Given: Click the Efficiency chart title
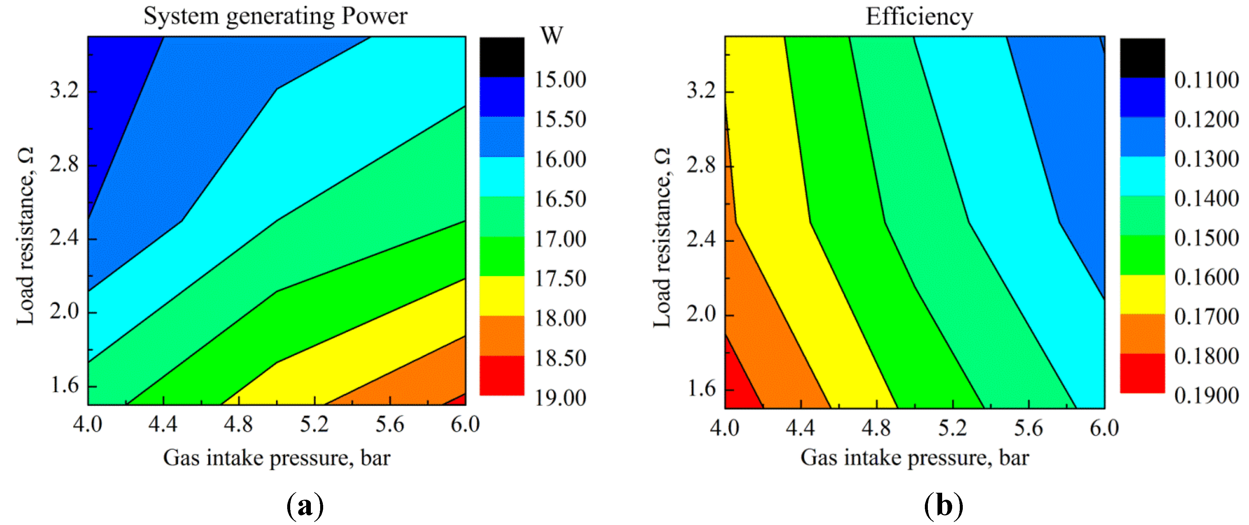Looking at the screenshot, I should (x=919, y=17).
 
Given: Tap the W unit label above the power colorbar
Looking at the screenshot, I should (x=551, y=35).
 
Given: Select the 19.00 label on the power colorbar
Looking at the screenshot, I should (x=560, y=398).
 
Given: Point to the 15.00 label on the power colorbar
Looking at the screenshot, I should (x=560, y=80).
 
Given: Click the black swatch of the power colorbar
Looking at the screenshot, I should (x=502, y=57).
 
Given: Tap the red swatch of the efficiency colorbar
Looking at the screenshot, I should (x=1142, y=373).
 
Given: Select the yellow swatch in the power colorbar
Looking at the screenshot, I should (x=502, y=296).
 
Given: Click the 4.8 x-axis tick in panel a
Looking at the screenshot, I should (x=239, y=425).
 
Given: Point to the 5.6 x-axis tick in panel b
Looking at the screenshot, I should (x=1028, y=428).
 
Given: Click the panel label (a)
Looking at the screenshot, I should (x=305, y=506).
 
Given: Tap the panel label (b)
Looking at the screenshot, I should (x=943, y=506).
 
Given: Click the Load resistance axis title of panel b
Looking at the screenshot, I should (x=662, y=238).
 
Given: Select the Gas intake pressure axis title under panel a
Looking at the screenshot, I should (x=276, y=457).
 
